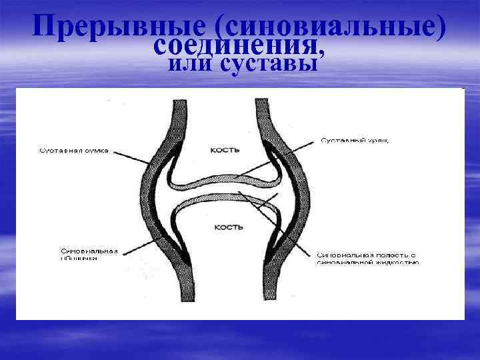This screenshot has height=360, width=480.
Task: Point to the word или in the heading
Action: pyautogui.click(x=190, y=64)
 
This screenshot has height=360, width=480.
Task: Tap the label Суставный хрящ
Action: pyautogui.click(x=353, y=140)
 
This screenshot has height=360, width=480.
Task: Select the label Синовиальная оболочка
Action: pyautogui.click(x=89, y=255)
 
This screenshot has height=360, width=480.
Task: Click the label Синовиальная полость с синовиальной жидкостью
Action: pyautogui.click(x=367, y=259)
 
